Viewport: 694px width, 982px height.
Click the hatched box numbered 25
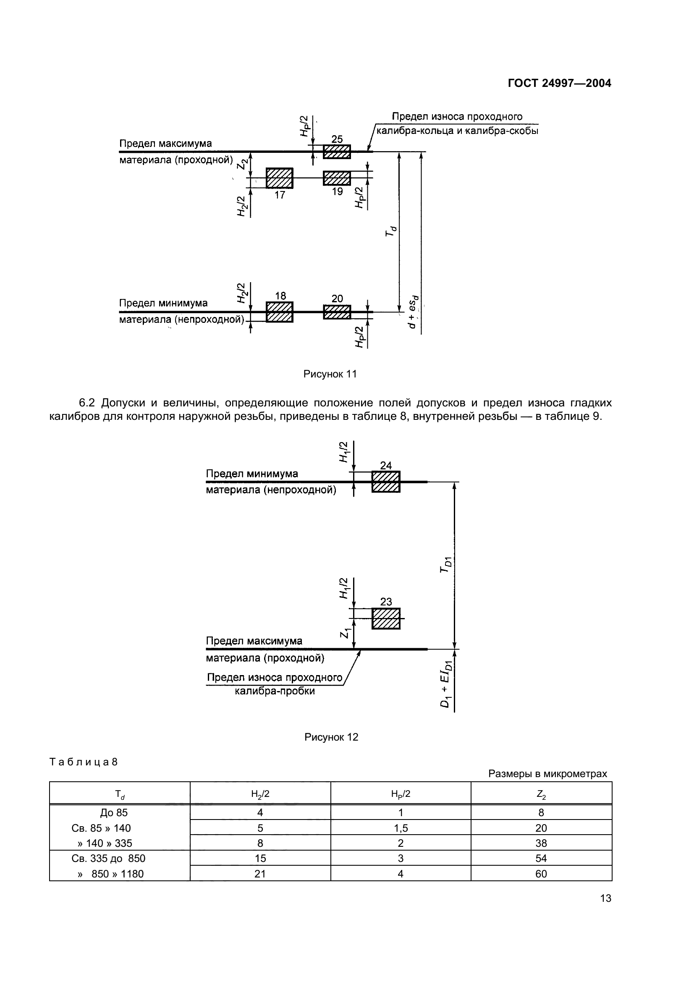[x=337, y=152]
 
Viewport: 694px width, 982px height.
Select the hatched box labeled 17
[x=279, y=178]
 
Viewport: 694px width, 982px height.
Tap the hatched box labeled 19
[x=337, y=178]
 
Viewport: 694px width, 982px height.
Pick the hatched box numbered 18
[x=279, y=312]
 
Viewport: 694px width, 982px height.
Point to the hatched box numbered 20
[x=337, y=312]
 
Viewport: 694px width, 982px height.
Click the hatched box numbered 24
[x=386, y=482]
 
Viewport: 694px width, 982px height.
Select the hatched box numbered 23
[x=386, y=618]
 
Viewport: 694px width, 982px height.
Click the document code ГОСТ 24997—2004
[x=559, y=84]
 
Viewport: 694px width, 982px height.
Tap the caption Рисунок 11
[x=330, y=374]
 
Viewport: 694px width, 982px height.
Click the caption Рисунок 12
[x=331, y=737]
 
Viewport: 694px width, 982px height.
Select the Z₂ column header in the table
[x=541, y=795]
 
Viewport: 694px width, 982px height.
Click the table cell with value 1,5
[x=401, y=828]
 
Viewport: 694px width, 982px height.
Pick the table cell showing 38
[x=541, y=843]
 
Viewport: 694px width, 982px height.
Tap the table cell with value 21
[x=260, y=874]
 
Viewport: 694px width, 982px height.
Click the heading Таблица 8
[x=84, y=762]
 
